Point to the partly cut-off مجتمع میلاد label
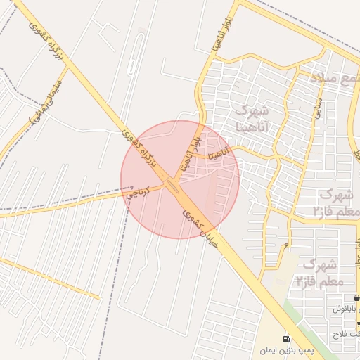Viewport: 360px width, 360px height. tap(339, 78)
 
